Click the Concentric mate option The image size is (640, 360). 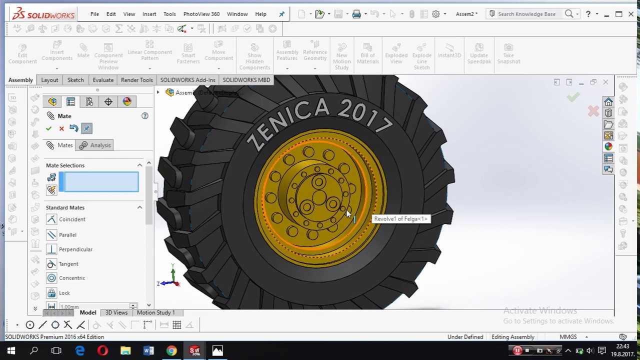[x=71, y=278]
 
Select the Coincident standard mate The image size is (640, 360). [x=71, y=219]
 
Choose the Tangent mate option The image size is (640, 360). [x=68, y=264]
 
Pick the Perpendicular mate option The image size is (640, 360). [x=75, y=249]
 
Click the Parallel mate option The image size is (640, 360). [x=67, y=235]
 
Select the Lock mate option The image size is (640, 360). [x=64, y=293]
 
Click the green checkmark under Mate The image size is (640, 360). [x=48, y=128]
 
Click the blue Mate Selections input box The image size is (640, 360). [x=99, y=182]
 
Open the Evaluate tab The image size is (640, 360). [x=103, y=80]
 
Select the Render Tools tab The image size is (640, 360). [x=136, y=80]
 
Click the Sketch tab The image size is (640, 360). [x=75, y=80]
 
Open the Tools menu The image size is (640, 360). [x=169, y=14]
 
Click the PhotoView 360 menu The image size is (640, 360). [x=201, y=14]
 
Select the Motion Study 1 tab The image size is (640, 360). [x=155, y=312]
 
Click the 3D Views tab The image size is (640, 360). [x=116, y=312]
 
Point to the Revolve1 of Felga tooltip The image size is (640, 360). [x=400, y=219]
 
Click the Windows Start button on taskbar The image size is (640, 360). [x=11, y=350]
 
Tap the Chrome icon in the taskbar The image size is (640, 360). [x=171, y=350]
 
